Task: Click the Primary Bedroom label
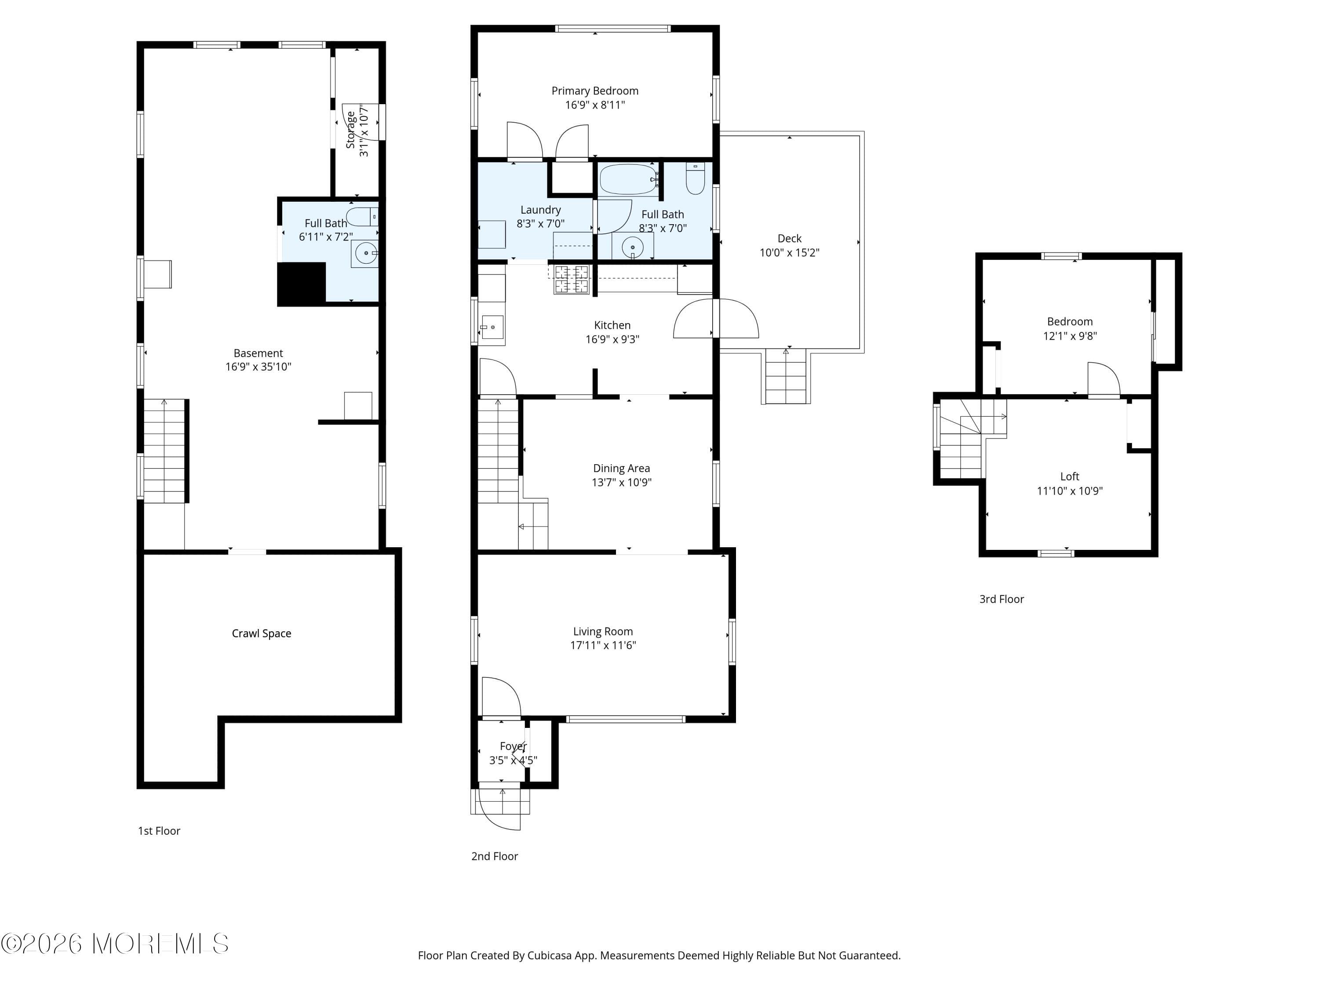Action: pyautogui.click(x=594, y=91)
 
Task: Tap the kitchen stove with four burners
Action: pyautogui.click(x=571, y=280)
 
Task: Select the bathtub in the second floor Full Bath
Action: pyautogui.click(x=628, y=179)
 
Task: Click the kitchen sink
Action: pyautogui.click(x=492, y=327)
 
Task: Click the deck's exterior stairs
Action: pyautogui.click(x=785, y=377)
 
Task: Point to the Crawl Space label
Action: pyautogui.click(x=261, y=633)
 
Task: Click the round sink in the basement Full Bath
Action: pyautogui.click(x=365, y=253)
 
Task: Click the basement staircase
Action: pyautogui.click(x=164, y=451)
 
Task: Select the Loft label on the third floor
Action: pyautogui.click(x=1069, y=476)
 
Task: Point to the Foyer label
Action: pyautogui.click(x=513, y=746)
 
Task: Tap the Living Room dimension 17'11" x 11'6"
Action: pyautogui.click(x=603, y=645)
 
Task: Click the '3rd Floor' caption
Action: pyautogui.click(x=1001, y=599)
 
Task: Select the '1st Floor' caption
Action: pyautogui.click(x=159, y=830)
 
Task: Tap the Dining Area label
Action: pyautogui.click(x=621, y=468)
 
